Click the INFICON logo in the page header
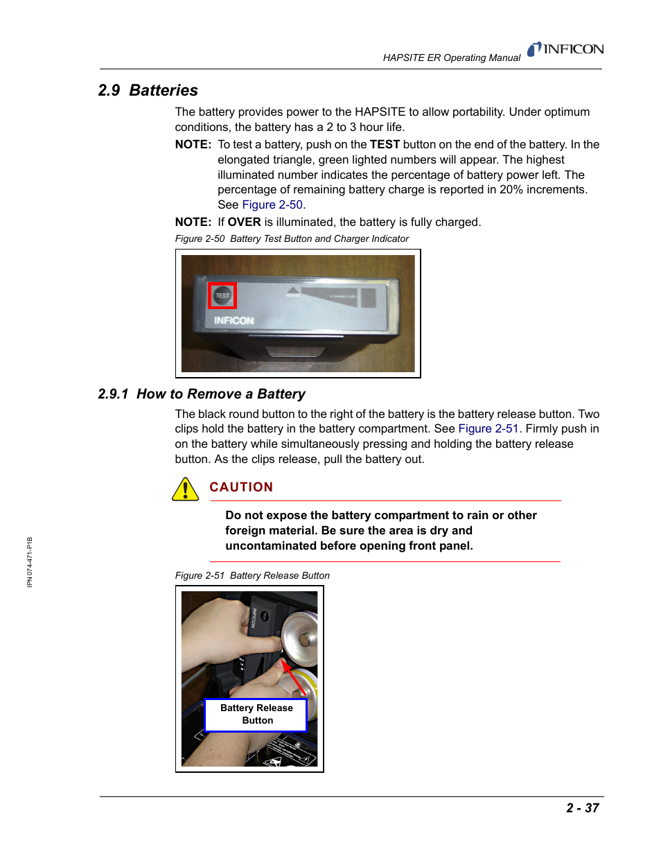tap(565, 49)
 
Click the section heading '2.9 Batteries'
tap(148, 91)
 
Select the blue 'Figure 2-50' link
tap(272, 205)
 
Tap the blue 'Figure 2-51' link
tap(488, 429)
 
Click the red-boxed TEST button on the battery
tap(222, 296)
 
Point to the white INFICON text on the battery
tap(233, 321)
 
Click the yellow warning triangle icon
tap(185, 489)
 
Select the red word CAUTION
tap(241, 487)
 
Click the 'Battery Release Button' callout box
tap(256, 715)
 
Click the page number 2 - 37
tap(582, 808)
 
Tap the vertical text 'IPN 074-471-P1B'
tap(30, 562)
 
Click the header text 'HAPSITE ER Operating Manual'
tap(451, 58)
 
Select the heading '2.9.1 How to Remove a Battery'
tap(202, 394)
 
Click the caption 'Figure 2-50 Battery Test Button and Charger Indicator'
tap(292, 239)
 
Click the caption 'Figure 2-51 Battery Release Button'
tap(252, 576)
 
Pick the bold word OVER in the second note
tap(244, 222)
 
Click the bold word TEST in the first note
tap(385, 145)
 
